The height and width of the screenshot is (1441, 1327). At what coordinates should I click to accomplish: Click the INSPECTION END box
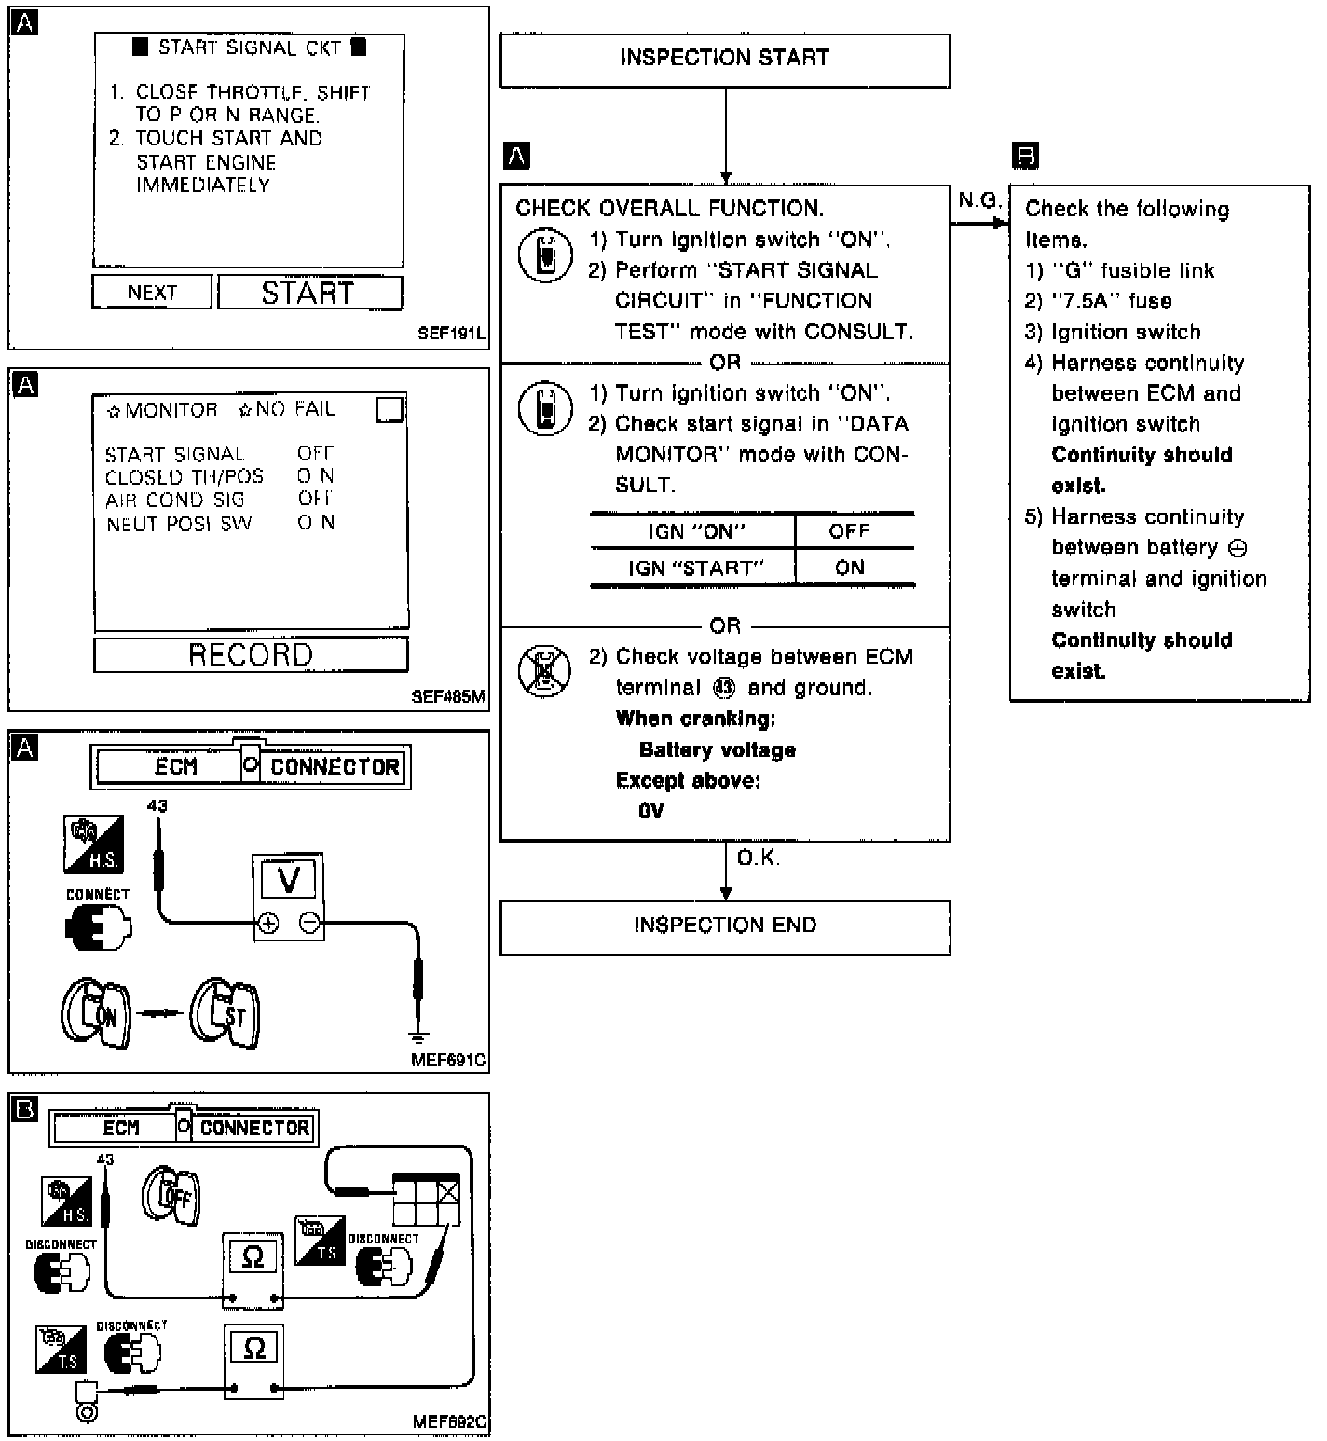pos(725,926)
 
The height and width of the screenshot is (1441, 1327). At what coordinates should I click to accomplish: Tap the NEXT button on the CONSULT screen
pos(152,293)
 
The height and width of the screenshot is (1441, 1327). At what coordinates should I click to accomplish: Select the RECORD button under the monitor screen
pos(251,654)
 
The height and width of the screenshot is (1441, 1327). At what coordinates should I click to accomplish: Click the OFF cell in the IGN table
pos(849,531)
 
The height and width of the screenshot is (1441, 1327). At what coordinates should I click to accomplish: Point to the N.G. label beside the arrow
pos(979,200)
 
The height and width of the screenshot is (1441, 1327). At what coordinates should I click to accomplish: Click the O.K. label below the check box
pos(758,858)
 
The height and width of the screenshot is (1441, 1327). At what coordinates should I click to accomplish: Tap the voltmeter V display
pos(289,879)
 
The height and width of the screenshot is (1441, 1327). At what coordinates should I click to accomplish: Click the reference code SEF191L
pos(451,333)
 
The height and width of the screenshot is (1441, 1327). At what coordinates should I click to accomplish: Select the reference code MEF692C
pos(449,1422)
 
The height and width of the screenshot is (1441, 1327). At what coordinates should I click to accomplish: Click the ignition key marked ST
pos(226,1014)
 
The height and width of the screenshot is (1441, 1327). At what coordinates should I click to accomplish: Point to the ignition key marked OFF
pos(171,1195)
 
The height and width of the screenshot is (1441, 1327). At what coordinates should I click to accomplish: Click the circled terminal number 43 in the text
pos(723,688)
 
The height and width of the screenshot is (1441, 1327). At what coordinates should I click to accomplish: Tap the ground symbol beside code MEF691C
pos(419,1037)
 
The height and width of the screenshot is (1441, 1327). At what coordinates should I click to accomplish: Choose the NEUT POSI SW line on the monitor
pos(179,524)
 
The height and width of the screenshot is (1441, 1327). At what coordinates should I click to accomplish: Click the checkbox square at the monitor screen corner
pos(390,410)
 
